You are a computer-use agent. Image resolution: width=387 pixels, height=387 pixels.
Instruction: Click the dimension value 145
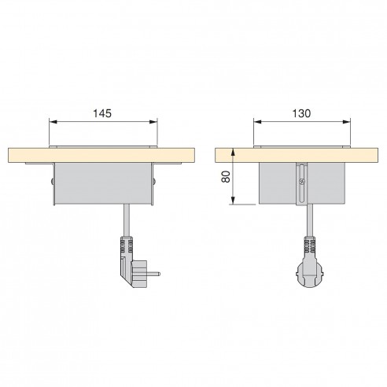click(102, 113)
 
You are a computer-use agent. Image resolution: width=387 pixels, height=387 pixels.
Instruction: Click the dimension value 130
click(301, 113)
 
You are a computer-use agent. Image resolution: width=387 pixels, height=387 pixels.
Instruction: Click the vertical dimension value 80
click(226, 176)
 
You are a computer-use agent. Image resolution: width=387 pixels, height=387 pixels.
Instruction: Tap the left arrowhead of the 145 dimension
click(53, 122)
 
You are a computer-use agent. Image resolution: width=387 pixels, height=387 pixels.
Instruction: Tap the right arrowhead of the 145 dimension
click(153, 122)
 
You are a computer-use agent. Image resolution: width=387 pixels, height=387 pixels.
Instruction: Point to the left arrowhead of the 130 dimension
click(258, 122)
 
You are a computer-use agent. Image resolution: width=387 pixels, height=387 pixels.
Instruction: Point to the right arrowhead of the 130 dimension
click(346, 122)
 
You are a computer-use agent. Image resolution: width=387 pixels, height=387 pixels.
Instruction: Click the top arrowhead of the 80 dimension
click(233, 153)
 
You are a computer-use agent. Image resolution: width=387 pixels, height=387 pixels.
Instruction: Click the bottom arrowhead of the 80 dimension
click(233, 200)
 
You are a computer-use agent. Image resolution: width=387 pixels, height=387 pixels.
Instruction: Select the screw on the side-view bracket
click(302, 181)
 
